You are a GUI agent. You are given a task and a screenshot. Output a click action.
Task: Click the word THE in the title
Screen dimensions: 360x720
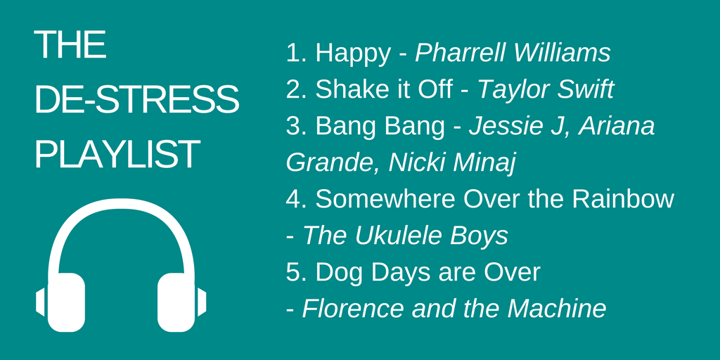tap(70, 46)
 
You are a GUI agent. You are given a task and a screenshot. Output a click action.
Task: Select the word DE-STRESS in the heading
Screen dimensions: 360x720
tap(137, 100)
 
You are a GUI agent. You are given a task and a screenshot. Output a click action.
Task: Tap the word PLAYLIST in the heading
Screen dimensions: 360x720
tap(117, 154)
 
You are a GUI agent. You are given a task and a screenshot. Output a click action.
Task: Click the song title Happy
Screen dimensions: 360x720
tap(353, 53)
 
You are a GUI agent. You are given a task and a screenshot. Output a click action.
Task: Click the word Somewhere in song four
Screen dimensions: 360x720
tap(385, 200)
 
